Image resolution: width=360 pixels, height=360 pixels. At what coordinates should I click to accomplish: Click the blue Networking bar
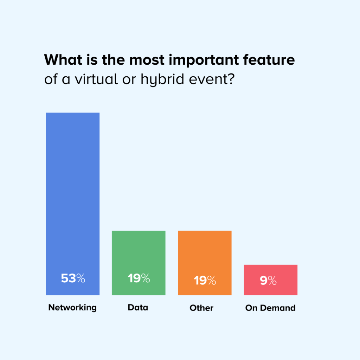tap(73, 204)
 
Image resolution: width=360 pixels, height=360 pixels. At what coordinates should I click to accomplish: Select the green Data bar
tap(139, 263)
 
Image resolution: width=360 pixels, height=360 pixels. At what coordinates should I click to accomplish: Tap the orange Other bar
tap(205, 263)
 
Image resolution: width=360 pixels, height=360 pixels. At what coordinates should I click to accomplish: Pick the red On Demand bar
tap(271, 280)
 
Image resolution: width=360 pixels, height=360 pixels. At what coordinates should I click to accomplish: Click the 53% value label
tap(73, 278)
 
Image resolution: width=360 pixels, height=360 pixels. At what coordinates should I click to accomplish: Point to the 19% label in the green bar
tap(139, 278)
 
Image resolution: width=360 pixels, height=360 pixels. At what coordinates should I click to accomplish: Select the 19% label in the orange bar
tap(205, 280)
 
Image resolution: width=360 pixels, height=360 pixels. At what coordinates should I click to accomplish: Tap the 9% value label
tap(268, 280)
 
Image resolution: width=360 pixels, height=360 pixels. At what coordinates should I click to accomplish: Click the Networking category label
tap(72, 308)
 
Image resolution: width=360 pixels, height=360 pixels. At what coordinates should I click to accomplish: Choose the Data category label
tap(138, 307)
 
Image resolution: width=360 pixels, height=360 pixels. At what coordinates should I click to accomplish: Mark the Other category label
tap(201, 308)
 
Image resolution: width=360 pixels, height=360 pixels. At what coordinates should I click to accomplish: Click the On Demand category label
tap(270, 308)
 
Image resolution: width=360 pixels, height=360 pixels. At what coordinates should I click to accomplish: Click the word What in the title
tap(63, 60)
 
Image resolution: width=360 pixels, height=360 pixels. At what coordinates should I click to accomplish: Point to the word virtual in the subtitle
tap(97, 79)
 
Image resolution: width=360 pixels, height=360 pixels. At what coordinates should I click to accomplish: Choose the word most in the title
tap(147, 60)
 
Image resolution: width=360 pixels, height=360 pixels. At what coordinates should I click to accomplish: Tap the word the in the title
tap(114, 60)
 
